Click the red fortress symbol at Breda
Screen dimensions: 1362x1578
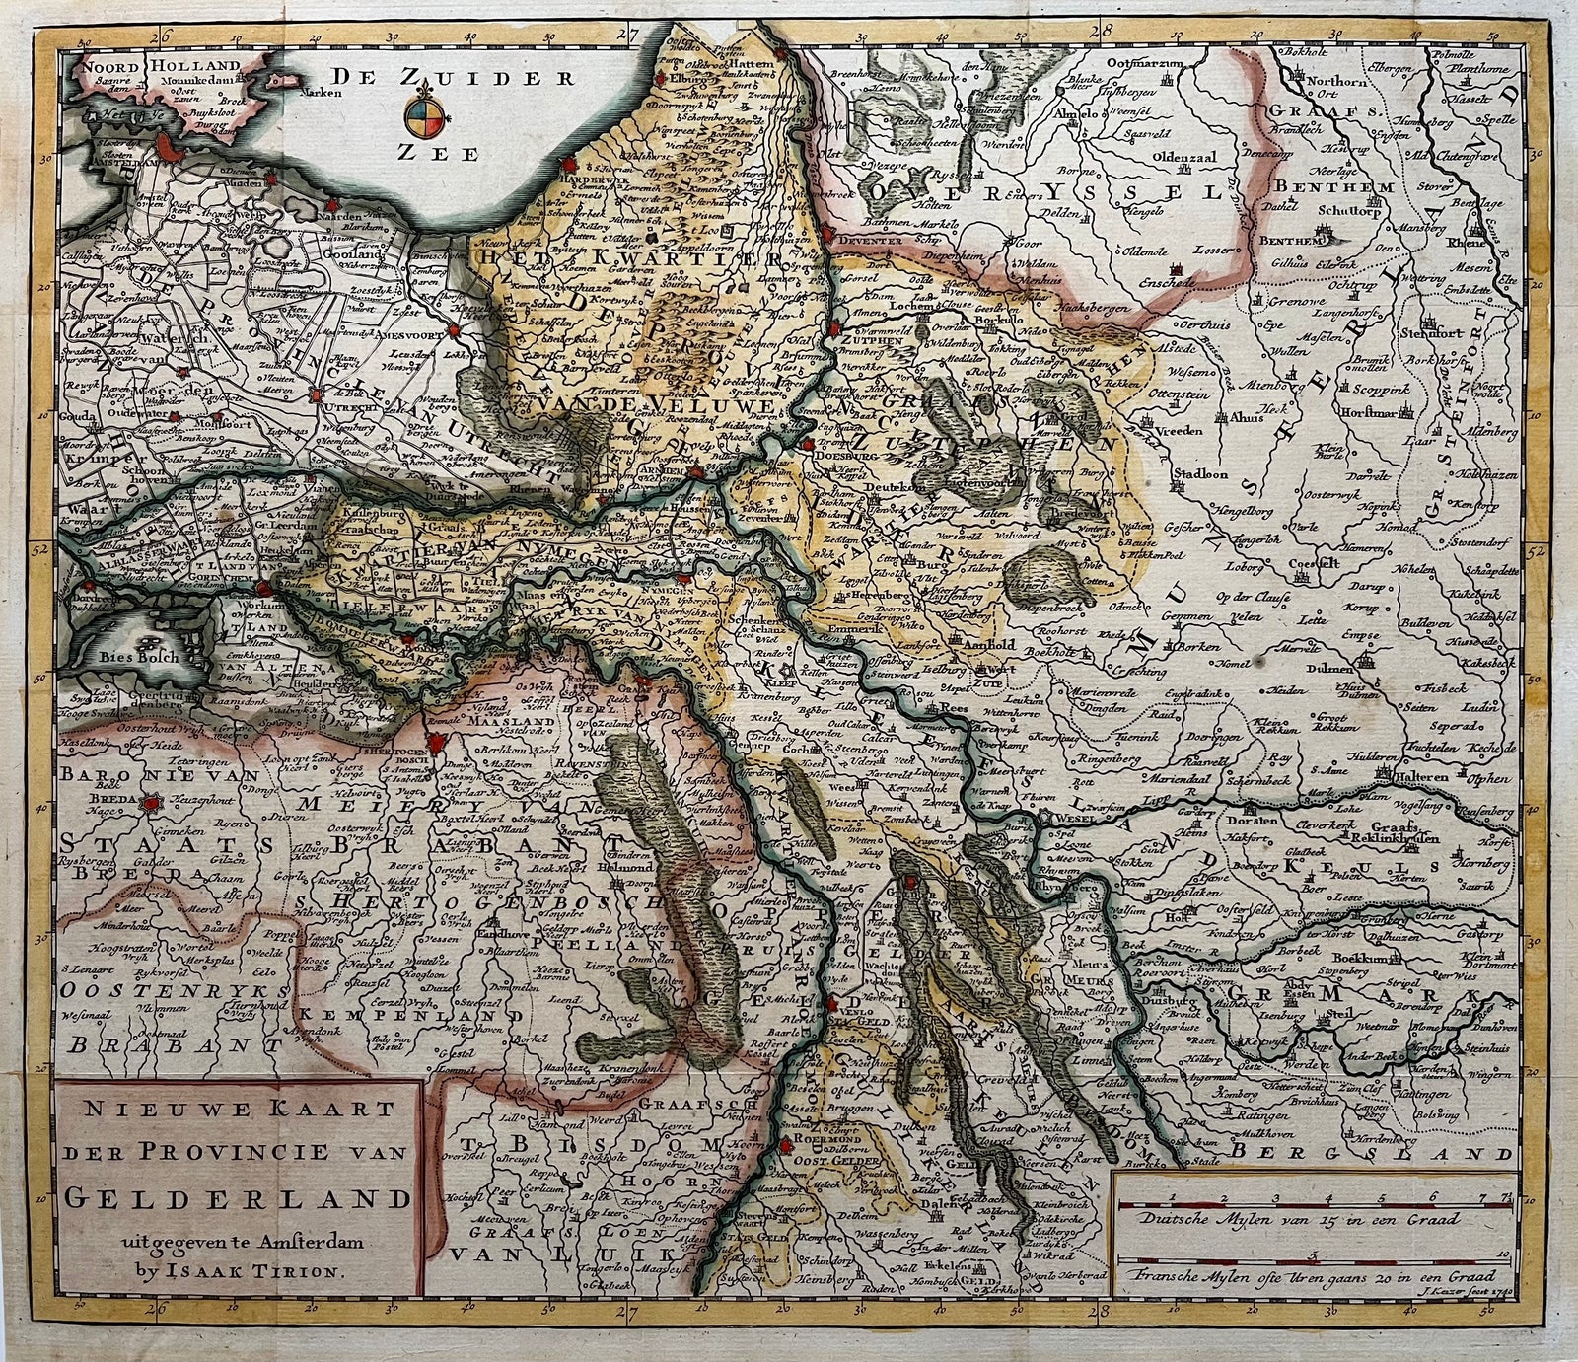(x=150, y=805)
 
